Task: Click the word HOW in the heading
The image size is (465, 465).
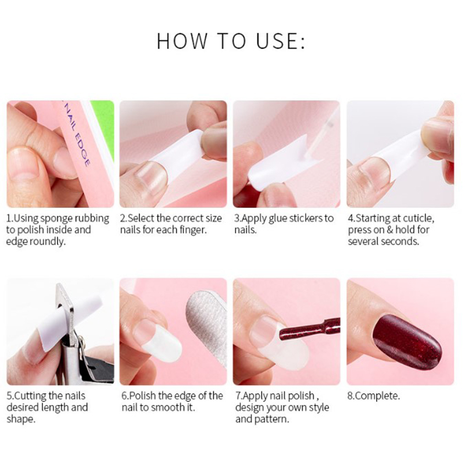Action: (182, 41)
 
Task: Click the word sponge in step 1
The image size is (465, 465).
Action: (56, 219)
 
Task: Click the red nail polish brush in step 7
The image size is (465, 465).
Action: (309, 330)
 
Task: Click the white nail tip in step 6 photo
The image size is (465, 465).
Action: (163, 344)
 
